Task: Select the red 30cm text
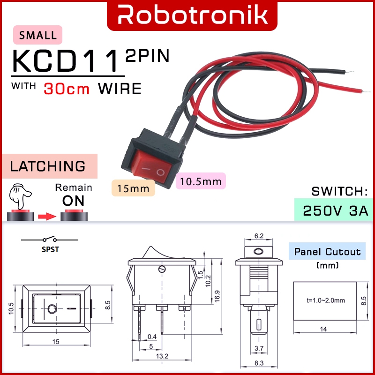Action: [67, 89]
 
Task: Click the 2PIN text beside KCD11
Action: [146, 56]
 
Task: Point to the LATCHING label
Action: [48, 166]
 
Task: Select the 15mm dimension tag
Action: [133, 188]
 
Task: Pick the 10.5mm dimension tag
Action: [201, 181]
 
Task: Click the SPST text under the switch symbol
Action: [50, 250]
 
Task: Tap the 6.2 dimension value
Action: [258, 236]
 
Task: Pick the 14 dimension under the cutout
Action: [323, 329]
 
